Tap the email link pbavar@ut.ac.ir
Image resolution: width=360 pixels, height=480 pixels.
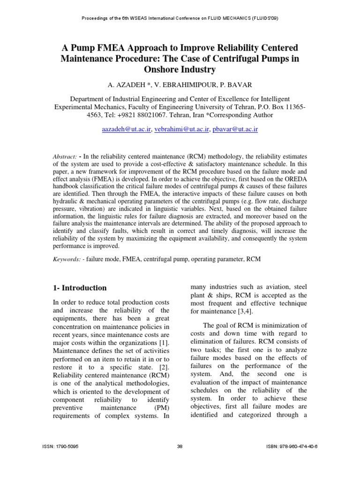[235, 128]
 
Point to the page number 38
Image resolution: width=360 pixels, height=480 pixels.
[180, 446]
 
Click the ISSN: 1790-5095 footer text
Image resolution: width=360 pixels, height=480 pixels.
[60, 446]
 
